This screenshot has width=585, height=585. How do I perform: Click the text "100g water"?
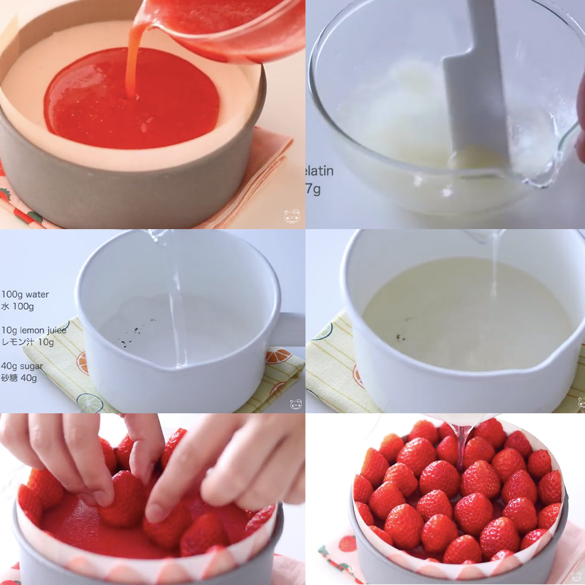(25, 295)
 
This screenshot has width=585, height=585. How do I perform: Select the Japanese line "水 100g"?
(18, 307)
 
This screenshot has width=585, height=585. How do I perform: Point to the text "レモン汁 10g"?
(28, 342)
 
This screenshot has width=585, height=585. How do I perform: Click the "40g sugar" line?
(22, 366)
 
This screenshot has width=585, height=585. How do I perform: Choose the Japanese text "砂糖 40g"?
(19, 378)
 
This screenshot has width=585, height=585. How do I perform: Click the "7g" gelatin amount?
(313, 190)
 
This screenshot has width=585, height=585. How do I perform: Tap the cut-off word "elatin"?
(320, 172)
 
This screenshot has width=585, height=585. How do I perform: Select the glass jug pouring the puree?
(227, 27)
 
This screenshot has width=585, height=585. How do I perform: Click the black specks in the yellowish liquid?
(401, 336)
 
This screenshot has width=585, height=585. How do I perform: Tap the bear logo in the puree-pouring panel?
(292, 216)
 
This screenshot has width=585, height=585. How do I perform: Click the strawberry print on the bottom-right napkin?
(348, 543)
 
